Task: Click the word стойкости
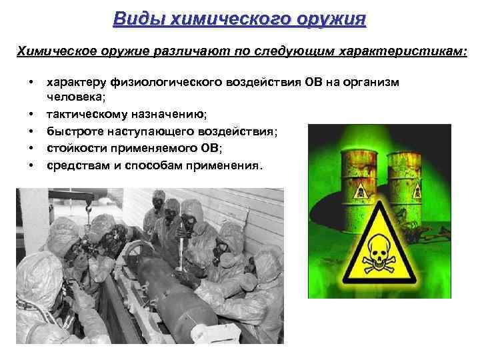click(78, 147)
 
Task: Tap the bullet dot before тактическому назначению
click(31, 114)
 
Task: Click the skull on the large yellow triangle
click(377, 253)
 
